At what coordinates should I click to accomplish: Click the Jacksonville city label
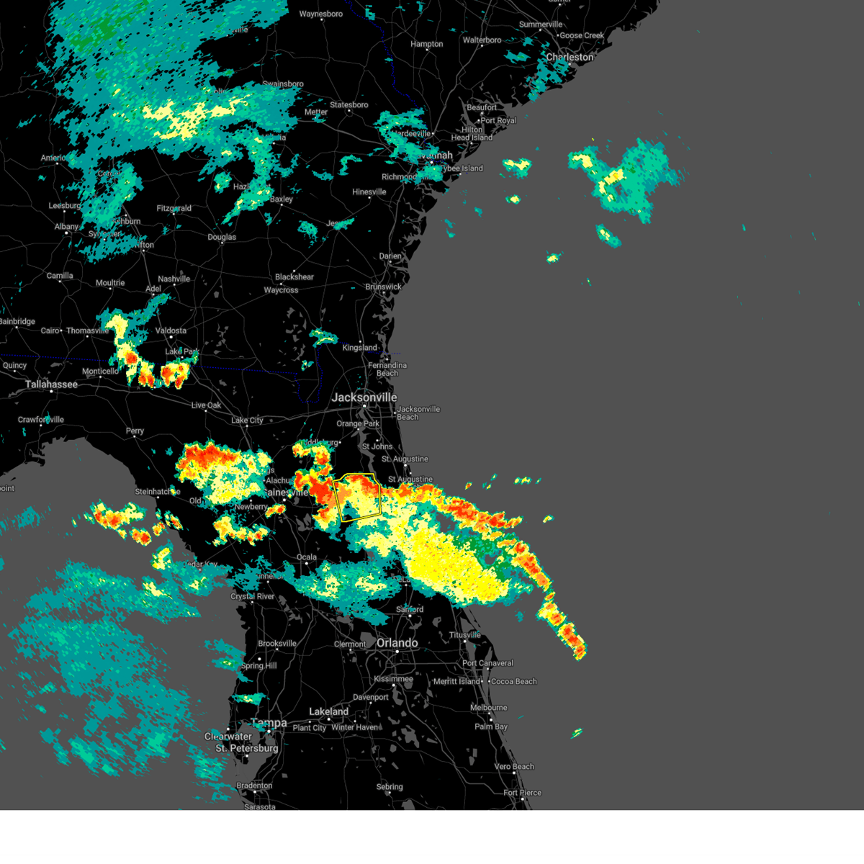click(x=364, y=397)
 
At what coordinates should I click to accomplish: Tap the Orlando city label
click(x=397, y=643)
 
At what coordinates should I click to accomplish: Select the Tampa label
click(x=269, y=723)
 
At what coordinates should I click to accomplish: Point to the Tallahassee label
click(x=51, y=384)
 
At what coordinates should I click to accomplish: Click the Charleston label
click(x=570, y=57)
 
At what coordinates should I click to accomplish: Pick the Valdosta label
click(x=171, y=330)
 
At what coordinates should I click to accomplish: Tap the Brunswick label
click(x=383, y=287)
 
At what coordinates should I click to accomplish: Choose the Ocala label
click(x=307, y=557)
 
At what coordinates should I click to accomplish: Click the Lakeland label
click(x=328, y=711)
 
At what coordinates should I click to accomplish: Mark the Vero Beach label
click(x=514, y=766)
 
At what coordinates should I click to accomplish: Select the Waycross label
click(x=281, y=290)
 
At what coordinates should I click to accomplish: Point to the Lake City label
click(x=247, y=420)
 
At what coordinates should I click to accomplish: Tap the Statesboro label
click(x=349, y=104)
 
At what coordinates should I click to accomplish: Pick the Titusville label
click(x=464, y=635)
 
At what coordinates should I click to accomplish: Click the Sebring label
click(x=390, y=787)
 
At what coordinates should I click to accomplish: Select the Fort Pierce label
click(x=522, y=793)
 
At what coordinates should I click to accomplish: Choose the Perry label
click(x=135, y=431)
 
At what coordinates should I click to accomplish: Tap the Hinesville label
click(x=369, y=192)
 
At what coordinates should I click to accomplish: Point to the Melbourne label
click(x=489, y=708)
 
